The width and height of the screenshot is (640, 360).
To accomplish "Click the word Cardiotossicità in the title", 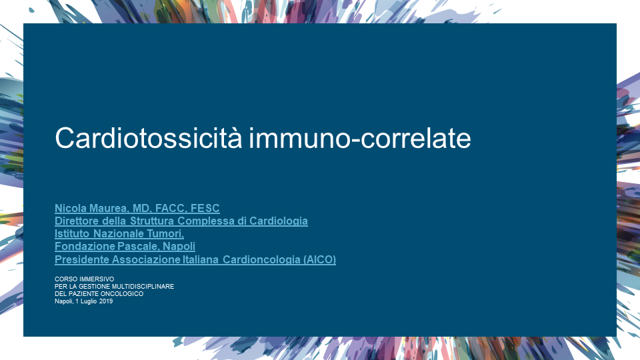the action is point(149,137).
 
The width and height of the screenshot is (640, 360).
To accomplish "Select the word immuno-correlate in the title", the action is point(360,138).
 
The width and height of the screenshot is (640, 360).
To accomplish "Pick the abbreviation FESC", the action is point(205,208).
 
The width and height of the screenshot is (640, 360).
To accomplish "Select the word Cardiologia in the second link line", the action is point(279,221).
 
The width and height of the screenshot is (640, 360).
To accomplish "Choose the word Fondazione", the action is point(85,246).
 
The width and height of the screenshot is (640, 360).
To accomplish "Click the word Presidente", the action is point(82,259).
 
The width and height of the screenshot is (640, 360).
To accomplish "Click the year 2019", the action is point(106,301).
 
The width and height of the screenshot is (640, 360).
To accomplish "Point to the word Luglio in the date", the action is point(89,301).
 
